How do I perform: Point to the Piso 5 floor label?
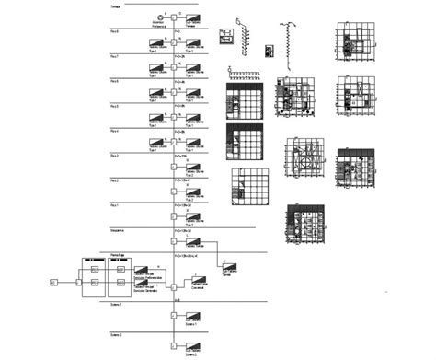[x=115, y=107]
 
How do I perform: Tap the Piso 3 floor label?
[x=115, y=156]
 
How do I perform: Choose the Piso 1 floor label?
[x=115, y=205]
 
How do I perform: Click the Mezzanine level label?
[x=118, y=230]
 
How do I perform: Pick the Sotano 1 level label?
[x=116, y=304]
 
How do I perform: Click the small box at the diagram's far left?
[x=53, y=283]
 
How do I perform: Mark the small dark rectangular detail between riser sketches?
[x=269, y=51]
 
